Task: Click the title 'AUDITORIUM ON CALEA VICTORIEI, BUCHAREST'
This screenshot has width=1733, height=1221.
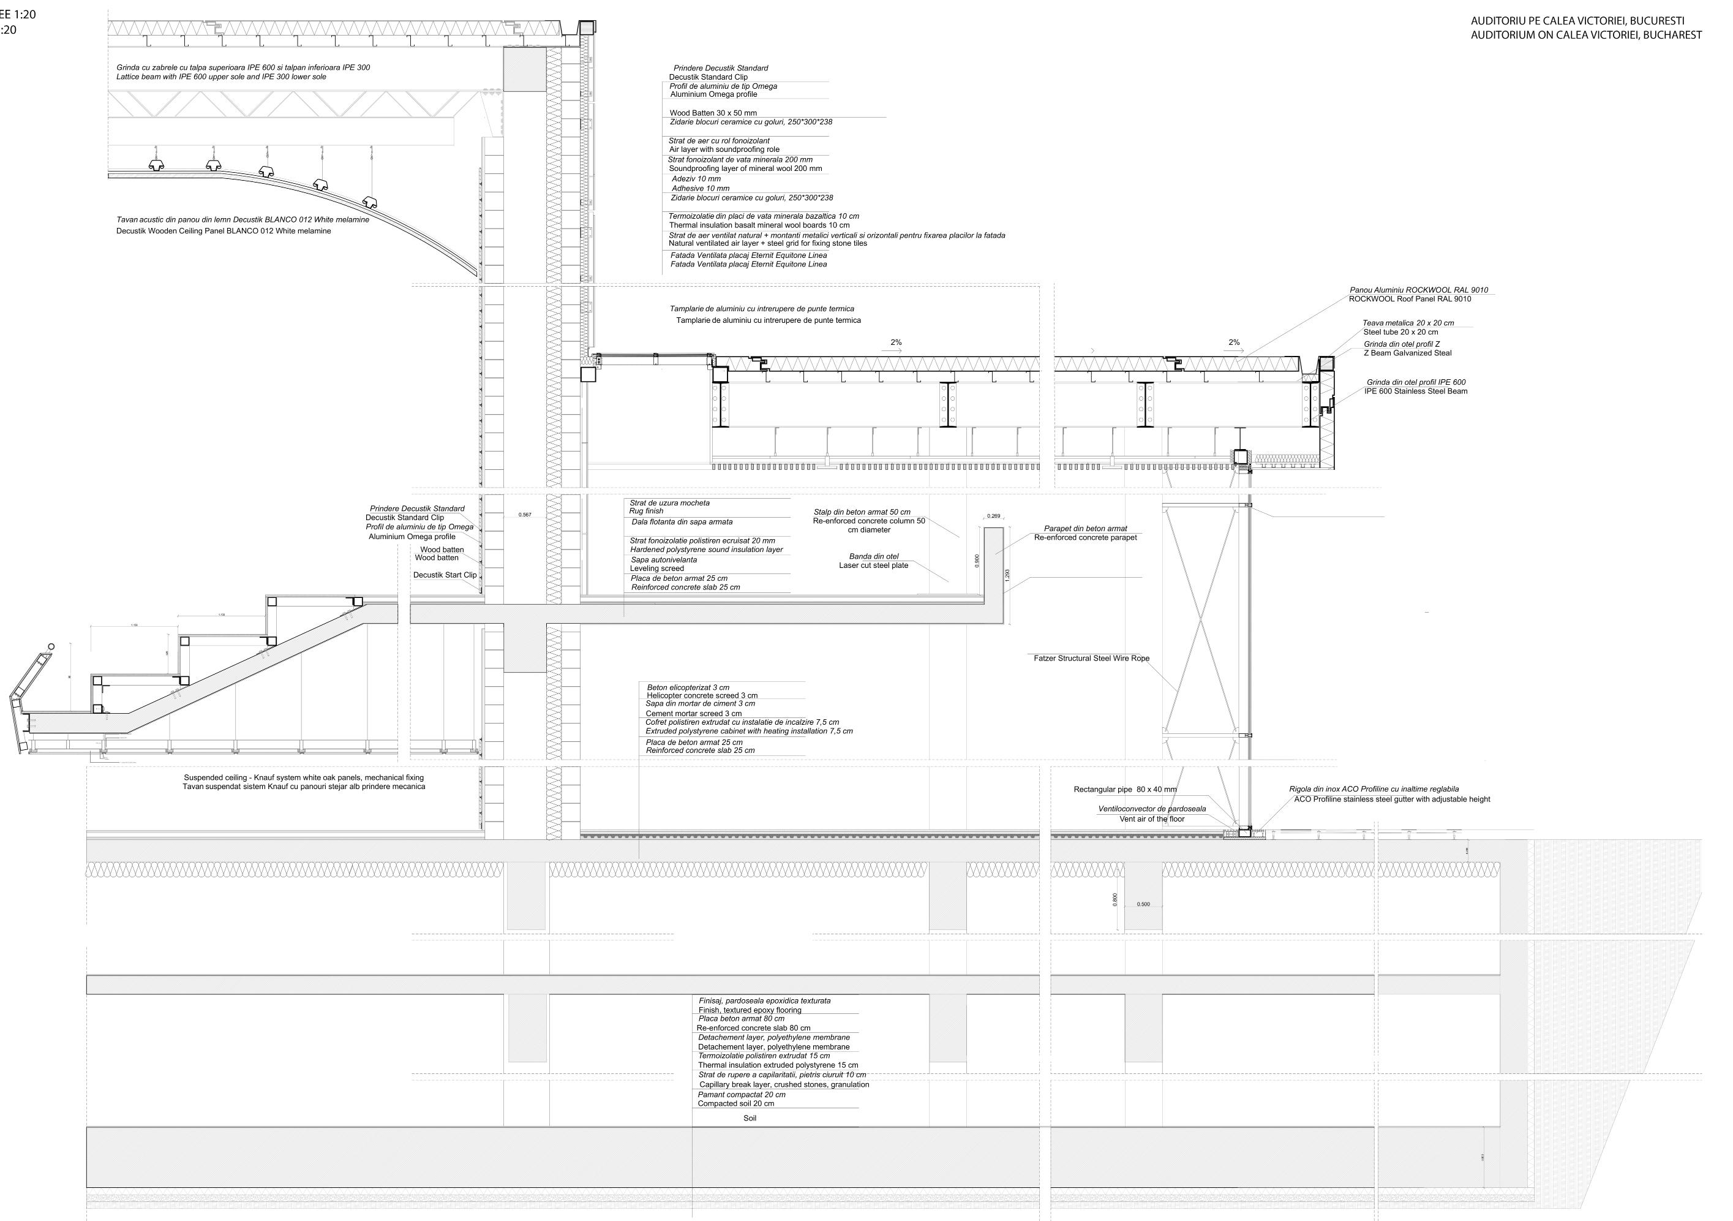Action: pyautogui.click(x=1586, y=35)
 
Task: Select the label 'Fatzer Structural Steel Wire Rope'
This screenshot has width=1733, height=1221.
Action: pyautogui.click(x=1091, y=659)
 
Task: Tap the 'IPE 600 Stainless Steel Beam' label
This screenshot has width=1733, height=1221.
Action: pyautogui.click(x=1415, y=391)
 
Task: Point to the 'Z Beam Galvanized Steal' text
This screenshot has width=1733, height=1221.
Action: pyautogui.click(x=1407, y=353)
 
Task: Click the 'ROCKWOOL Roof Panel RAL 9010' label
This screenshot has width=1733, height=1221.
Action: pyautogui.click(x=1409, y=299)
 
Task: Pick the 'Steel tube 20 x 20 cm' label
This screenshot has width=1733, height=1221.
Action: pyautogui.click(x=1400, y=332)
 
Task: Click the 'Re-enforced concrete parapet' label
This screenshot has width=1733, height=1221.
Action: pyautogui.click(x=1085, y=538)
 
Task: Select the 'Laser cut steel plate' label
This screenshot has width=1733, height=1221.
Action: pyautogui.click(x=873, y=565)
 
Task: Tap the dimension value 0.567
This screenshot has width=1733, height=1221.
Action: pyautogui.click(x=525, y=515)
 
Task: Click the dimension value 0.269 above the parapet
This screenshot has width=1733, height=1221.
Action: pyautogui.click(x=993, y=516)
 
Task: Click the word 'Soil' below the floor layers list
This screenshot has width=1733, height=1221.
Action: pyautogui.click(x=750, y=1118)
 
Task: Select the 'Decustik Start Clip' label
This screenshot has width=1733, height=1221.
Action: pyautogui.click(x=445, y=575)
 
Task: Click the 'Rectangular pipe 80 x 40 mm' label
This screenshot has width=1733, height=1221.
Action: pyautogui.click(x=1125, y=790)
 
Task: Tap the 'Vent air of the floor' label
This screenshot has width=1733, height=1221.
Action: pyautogui.click(x=1152, y=819)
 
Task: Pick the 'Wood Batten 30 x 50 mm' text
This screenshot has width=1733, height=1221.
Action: pyautogui.click(x=713, y=113)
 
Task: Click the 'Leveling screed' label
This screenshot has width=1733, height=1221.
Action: pyautogui.click(x=656, y=569)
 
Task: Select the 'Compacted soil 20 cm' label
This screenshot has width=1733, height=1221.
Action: pyautogui.click(x=735, y=1104)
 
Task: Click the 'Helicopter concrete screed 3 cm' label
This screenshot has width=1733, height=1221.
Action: pyautogui.click(x=702, y=695)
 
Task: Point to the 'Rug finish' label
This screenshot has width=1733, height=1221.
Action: pyautogui.click(x=646, y=511)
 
